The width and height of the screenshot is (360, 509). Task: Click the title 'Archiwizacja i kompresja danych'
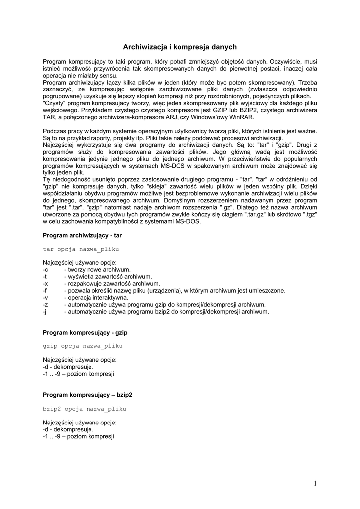point(180,47)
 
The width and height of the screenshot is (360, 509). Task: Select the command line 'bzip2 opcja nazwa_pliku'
point(85,409)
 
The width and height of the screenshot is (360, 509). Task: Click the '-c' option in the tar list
point(45,269)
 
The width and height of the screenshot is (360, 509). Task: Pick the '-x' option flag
point(45,283)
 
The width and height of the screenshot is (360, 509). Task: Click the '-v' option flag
point(45,297)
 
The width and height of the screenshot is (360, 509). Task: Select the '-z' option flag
point(45,304)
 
